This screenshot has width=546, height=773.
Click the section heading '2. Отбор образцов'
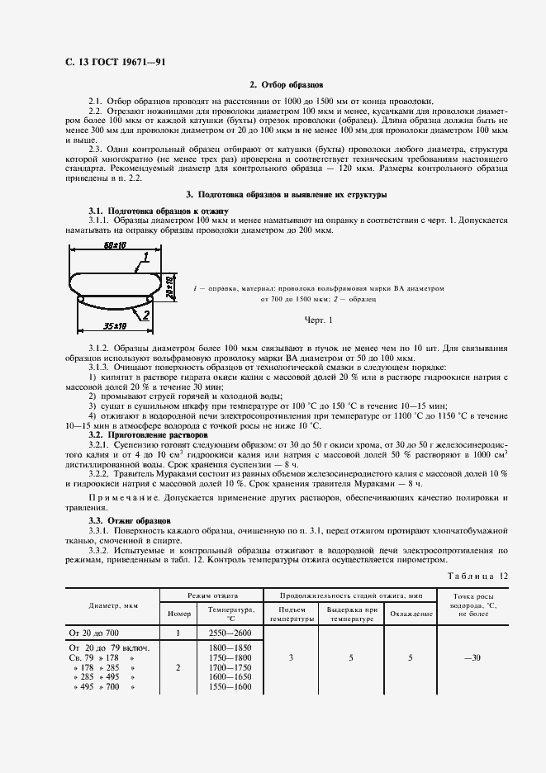coord(286,85)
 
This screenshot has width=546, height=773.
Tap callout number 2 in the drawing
coord(145,315)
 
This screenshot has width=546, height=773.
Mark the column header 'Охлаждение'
coord(411,614)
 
